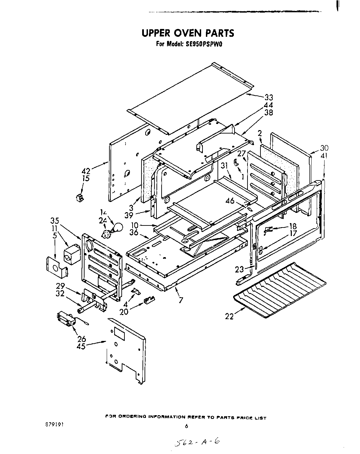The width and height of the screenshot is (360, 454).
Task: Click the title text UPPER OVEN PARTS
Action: click(188, 33)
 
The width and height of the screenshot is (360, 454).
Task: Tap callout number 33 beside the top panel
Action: click(269, 98)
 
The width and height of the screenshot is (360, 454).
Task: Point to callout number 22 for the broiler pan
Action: click(229, 316)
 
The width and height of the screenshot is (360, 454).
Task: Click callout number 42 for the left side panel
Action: click(86, 170)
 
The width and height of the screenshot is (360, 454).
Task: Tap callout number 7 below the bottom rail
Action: click(181, 300)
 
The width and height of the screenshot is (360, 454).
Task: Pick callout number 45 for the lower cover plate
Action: click(81, 346)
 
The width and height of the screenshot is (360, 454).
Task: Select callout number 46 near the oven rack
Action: click(230, 201)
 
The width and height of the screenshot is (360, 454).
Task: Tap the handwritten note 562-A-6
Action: click(196, 442)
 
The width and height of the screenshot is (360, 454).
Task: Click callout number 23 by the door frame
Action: click(239, 269)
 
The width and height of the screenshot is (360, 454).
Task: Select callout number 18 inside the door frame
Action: click(292, 226)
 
